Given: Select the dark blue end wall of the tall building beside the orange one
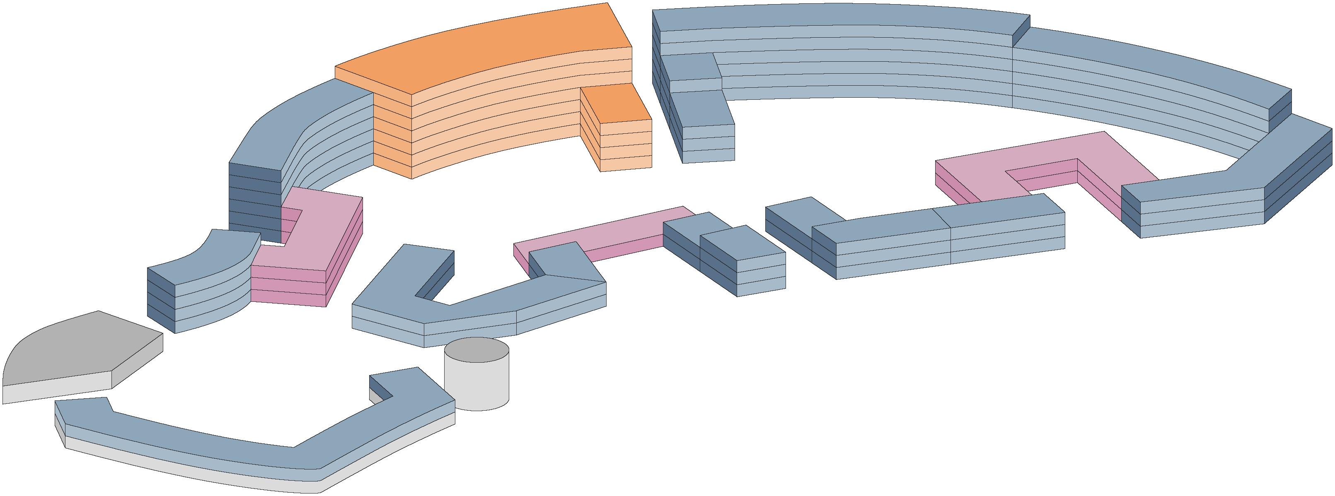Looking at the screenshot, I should click(x=254, y=202).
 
